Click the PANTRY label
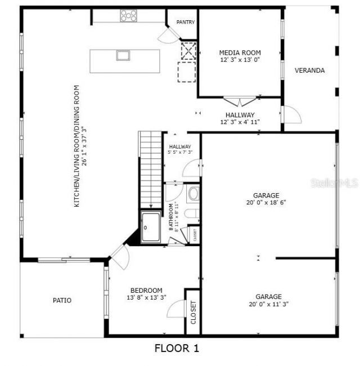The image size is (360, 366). point(185,23)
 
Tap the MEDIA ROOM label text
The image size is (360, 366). point(240,52)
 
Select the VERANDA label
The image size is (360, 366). point(310,70)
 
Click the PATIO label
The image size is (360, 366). point(62,300)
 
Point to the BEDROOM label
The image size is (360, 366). point(147,290)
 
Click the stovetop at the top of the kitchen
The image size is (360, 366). point(128,16)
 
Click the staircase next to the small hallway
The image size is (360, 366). point(150,169)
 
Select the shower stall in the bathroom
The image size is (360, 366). point(151,227)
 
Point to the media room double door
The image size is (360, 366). point(240,102)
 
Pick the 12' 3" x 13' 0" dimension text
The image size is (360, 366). point(240,60)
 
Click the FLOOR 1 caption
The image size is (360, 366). point(177,349)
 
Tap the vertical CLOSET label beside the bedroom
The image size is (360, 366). point(193,313)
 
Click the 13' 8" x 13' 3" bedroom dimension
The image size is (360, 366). point(147,297)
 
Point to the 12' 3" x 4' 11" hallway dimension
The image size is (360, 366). point(240,122)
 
